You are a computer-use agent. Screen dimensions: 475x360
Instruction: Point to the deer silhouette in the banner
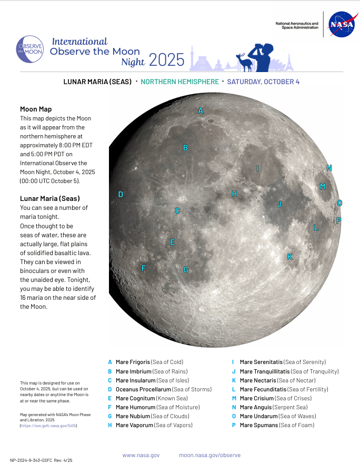pos(245,62)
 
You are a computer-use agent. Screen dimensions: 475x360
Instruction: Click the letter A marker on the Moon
pos(201,110)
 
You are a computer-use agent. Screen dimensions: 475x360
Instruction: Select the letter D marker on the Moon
pos(121,195)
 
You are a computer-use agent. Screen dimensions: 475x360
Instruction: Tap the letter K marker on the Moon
pos(289,257)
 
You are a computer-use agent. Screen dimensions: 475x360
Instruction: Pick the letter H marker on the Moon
pos(235,194)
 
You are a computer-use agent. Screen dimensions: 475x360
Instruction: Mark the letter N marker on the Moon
pos(329,168)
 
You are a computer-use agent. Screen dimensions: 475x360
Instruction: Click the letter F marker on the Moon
pos(143,268)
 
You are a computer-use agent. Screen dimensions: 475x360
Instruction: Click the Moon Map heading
pos(36,109)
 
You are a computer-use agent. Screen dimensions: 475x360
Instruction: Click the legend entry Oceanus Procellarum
pos(163,389)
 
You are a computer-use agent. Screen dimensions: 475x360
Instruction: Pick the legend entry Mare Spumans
pos(277,425)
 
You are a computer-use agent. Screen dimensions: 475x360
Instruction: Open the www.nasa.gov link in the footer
pos(141,455)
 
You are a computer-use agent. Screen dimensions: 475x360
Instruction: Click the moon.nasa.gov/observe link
pos(209,455)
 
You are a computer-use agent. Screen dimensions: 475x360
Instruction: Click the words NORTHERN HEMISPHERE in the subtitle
pos(179,82)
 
